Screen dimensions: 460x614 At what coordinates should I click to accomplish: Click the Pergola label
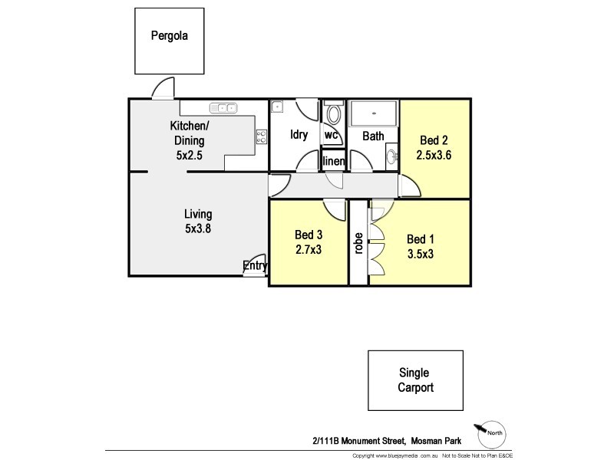point(169,35)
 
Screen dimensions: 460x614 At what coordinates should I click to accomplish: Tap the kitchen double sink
point(223,109)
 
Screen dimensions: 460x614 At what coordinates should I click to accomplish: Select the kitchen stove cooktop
point(261,137)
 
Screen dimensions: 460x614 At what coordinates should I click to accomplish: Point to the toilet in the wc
point(333,116)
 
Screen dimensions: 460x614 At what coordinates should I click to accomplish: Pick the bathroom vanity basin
point(391,157)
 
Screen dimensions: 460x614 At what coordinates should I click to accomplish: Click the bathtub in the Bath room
point(374,114)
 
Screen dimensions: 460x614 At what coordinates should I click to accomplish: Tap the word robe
point(358,242)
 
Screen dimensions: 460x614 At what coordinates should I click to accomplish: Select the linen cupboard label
point(333,161)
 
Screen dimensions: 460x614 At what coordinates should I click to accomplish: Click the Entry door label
point(255,266)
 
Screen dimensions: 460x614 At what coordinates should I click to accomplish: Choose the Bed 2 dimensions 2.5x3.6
point(434,154)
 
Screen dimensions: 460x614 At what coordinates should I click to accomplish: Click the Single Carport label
point(415,380)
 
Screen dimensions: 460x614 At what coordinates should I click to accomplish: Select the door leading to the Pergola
point(163,90)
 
